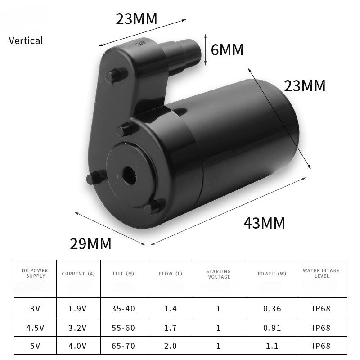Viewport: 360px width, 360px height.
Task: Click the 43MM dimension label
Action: point(264,223)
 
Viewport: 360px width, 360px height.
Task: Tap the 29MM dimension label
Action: point(90,243)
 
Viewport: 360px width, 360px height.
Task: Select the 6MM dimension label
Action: point(227,50)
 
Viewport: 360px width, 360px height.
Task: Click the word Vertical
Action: point(26,40)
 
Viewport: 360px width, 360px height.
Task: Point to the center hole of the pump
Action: point(129,176)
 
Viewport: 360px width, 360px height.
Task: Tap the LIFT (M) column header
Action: point(123,274)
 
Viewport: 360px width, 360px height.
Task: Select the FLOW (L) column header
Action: point(171,274)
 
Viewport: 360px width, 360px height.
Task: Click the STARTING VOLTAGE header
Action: point(219,274)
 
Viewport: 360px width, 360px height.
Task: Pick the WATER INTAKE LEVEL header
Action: point(321,273)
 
